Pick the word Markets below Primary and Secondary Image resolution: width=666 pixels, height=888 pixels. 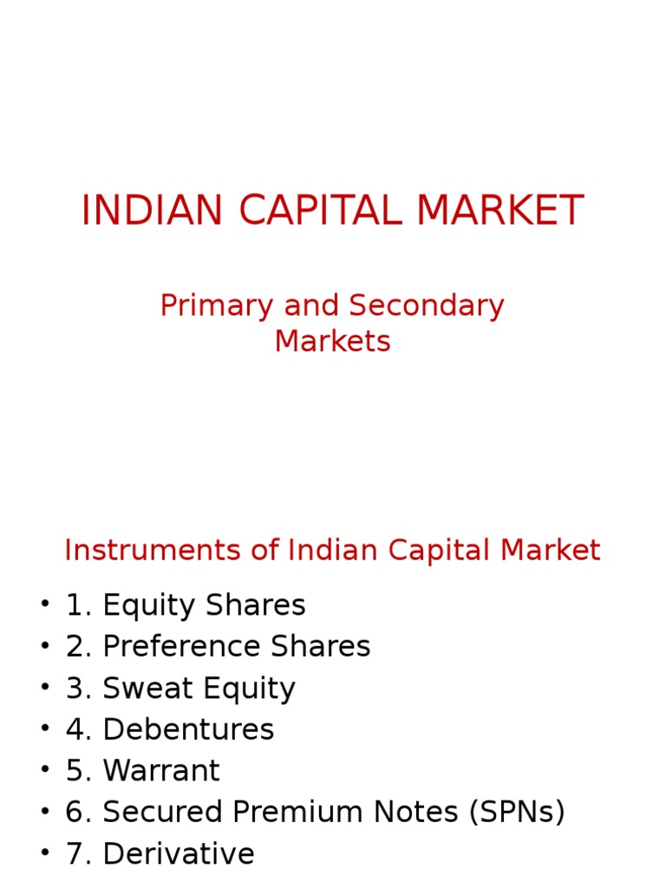[333, 342]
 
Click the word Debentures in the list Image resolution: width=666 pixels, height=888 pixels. [188, 730]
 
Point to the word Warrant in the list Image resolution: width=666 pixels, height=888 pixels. [161, 771]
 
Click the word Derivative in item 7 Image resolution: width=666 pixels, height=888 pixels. [179, 854]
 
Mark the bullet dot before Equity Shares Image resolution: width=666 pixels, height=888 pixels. [44, 605]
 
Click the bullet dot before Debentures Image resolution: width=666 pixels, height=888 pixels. [44, 730]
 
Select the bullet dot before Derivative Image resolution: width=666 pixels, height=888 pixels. [44, 854]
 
